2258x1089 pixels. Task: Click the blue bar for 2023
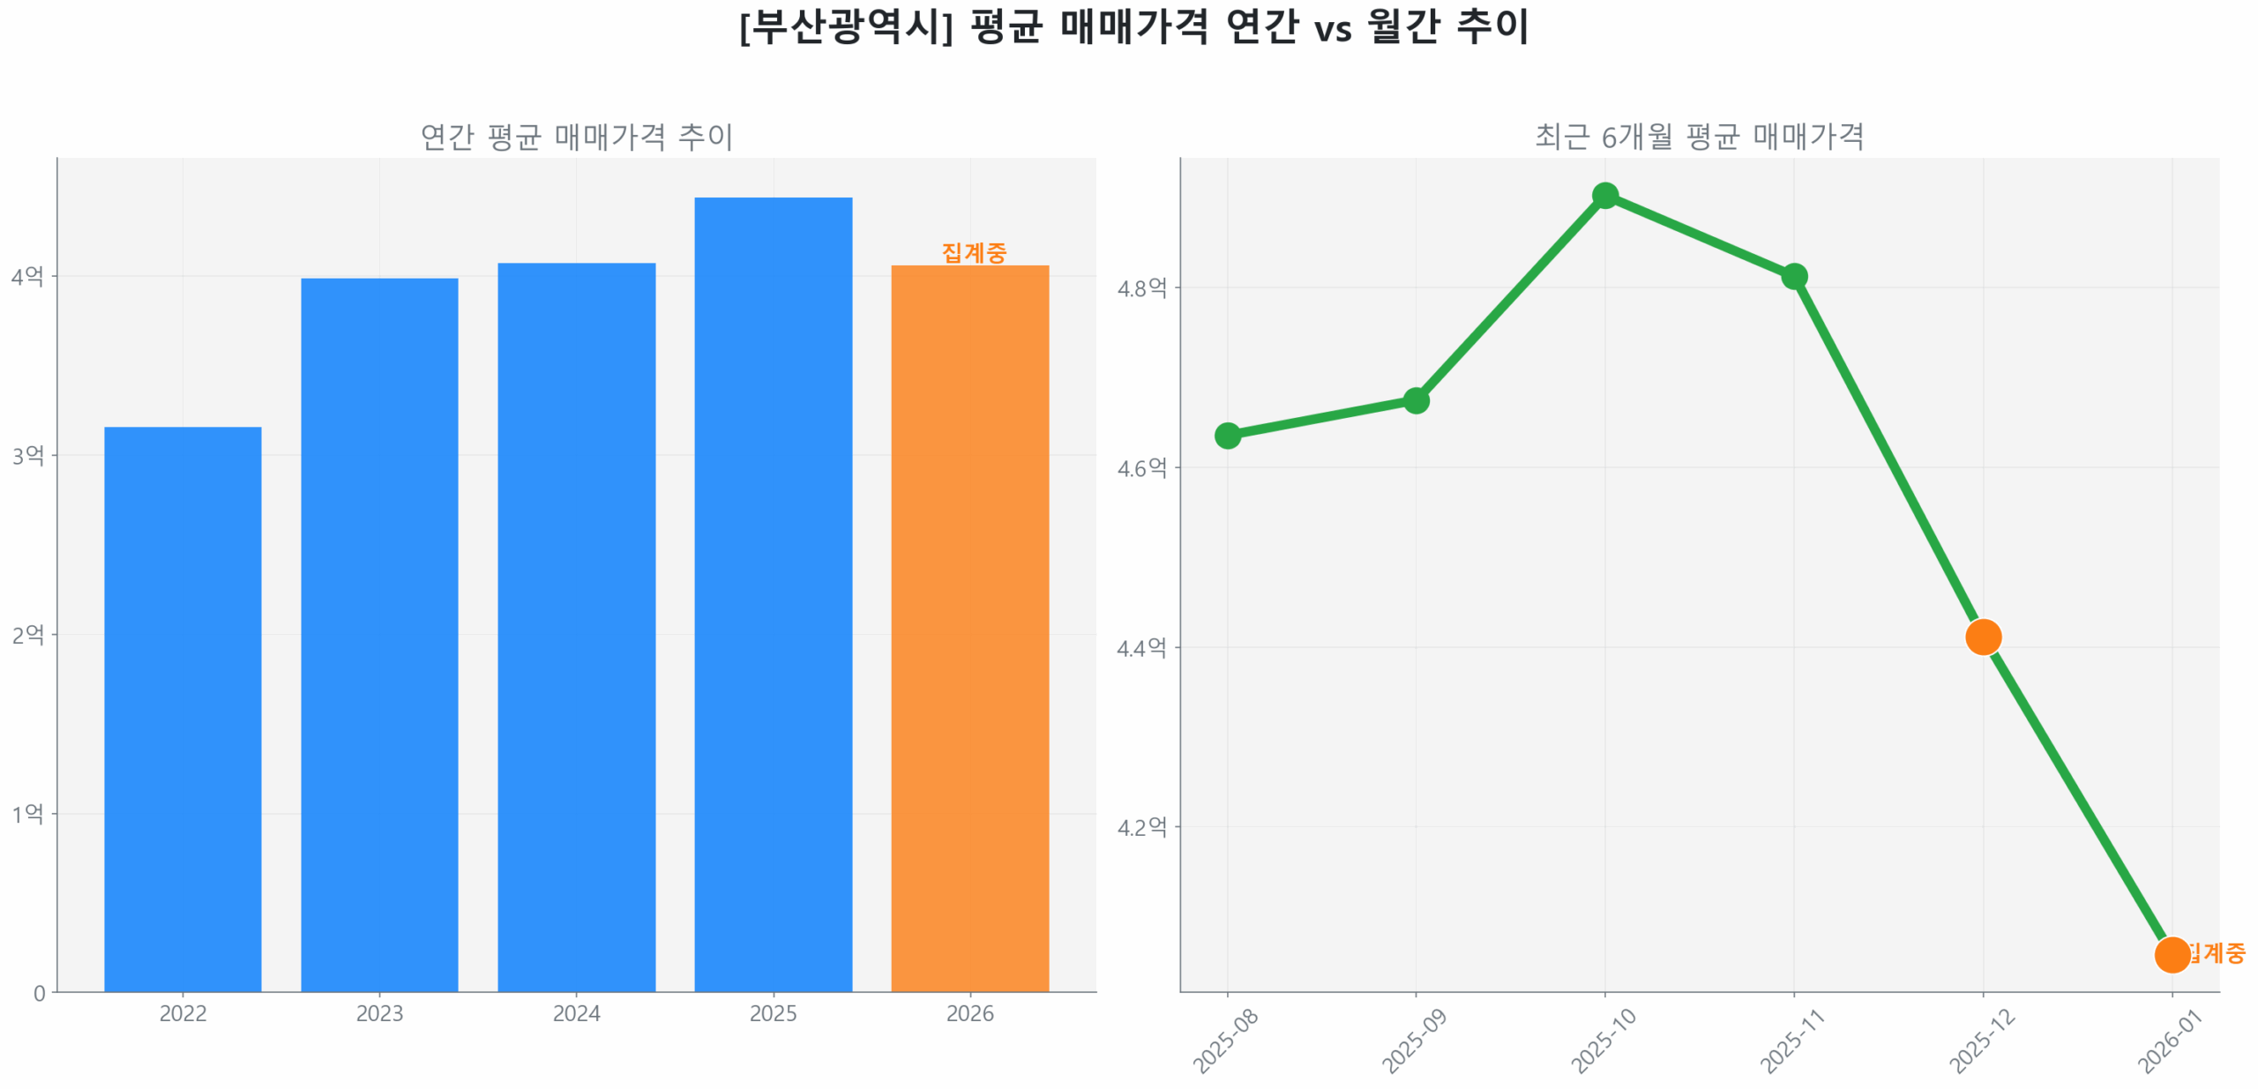tap(379, 634)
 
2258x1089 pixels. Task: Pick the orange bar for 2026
tap(969, 628)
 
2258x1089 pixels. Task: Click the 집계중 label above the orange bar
tap(974, 253)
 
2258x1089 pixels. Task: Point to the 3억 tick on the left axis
tap(27, 455)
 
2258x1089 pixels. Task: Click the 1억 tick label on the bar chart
tap(27, 813)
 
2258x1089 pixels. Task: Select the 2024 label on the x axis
tap(576, 1013)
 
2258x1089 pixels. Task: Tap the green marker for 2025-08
tap(1227, 436)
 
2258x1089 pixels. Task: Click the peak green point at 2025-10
tap(1605, 195)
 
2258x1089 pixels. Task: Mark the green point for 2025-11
tap(1794, 277)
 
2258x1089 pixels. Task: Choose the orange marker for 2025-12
tap(1983, 637)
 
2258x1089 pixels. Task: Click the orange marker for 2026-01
tap(2172, 955)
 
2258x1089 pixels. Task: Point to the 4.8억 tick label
tap(1141, 287)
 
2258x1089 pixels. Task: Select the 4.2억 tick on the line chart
tap(1141, 827)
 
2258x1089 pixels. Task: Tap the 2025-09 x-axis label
tap(1415, 1041)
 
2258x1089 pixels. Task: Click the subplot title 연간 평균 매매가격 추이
tap(576, 137)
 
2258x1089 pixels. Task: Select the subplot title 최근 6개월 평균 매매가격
tap(1699, 137)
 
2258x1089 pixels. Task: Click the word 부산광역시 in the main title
tap(848, 26)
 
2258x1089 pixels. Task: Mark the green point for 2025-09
tap(1416, 401)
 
